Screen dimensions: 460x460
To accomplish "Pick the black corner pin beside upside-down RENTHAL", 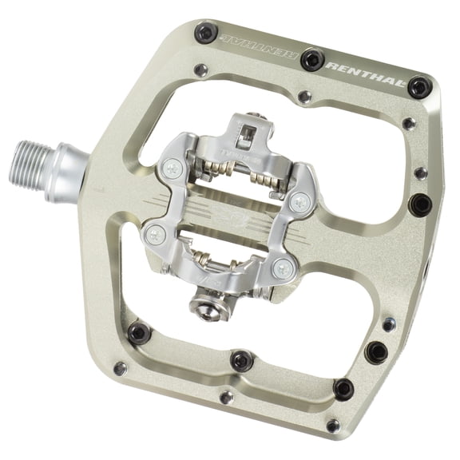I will [x=205, y=34].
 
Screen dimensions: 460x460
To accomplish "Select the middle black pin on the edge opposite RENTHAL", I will [x=242, y=361].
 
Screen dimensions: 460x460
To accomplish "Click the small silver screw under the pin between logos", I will [x=303, y=97].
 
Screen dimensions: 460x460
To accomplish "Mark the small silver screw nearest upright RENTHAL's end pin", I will [x=409, y=124].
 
